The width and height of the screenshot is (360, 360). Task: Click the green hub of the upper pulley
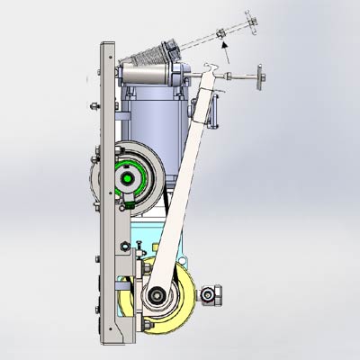(130, 179)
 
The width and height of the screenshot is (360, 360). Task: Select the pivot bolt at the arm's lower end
(156, 294)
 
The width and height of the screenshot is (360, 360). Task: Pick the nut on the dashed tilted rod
(221, 35)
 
